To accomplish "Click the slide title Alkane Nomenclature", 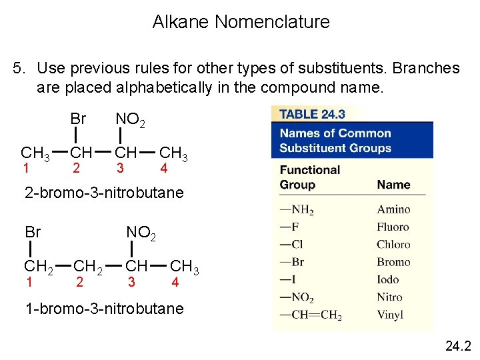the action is (x=241, y=22).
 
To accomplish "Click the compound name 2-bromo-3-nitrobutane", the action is (x=104, y=193).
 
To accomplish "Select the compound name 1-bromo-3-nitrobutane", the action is (x=104, y=309).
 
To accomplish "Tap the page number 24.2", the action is (x=457, y=345).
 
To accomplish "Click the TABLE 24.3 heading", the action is (x=313, y=114).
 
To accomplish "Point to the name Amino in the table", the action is (x=393, y=209).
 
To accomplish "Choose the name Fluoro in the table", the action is (x=393, y=227).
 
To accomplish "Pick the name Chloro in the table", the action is (x=393, y=244).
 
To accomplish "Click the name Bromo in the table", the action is (x=393, y=262).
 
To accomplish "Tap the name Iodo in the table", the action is (x=388, y=279).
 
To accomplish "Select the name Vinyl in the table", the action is (x=391, y=315).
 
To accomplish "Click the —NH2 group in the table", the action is (x=297, y=210).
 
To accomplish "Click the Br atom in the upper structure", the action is (x=78, y=119).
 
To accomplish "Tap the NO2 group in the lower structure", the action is (x=141, y=233).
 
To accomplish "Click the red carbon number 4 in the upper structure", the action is (x=164, y=169).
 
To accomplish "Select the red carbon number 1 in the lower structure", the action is (x=29, y=282).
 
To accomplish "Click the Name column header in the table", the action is (x=393, y=185).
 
